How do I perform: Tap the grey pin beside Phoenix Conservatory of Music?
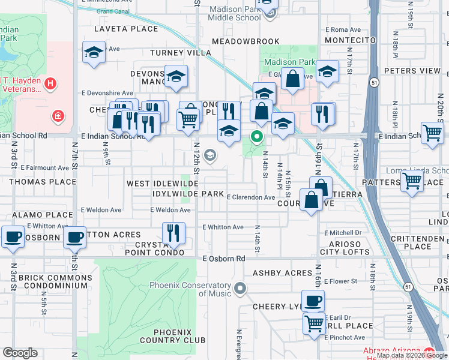click(x=240, y=289)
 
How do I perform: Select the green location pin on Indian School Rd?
click(x=257, y=137)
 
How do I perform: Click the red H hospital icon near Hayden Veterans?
click(x=51, y=83)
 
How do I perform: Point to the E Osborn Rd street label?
click(x=224, y=259)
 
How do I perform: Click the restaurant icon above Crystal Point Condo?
click(x=173, y=232)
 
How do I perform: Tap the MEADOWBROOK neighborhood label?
click(x=246, y=41)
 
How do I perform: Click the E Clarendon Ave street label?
click(x=250, y=197)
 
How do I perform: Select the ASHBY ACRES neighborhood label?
click(x=282, y=273)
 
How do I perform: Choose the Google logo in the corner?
click(x=20, y=353)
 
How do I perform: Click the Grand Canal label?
click(x=112, y=11)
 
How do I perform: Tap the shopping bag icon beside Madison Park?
click(x=292, y=78)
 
